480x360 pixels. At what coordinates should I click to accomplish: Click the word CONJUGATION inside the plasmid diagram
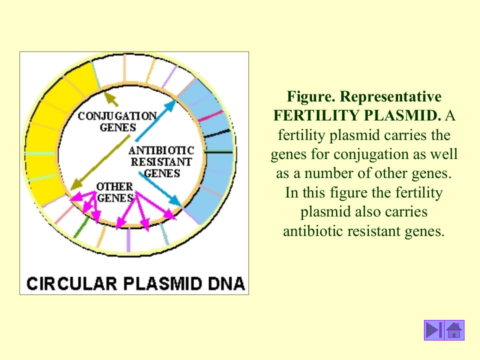117,116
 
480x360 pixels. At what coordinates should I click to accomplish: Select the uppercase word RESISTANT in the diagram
161,162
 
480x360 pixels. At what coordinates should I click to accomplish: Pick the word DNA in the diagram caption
226,283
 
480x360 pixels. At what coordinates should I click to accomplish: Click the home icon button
454,330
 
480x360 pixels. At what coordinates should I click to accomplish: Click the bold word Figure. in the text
310,96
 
